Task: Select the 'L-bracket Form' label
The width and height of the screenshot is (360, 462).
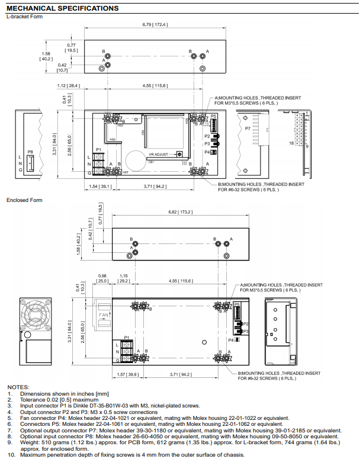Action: pos(24,17)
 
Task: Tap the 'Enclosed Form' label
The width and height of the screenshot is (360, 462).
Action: pos(24,200)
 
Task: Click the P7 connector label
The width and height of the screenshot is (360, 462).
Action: pos(247,127)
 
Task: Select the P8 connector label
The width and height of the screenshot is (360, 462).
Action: pos(30,152)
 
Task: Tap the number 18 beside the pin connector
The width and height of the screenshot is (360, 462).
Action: pos(291,143)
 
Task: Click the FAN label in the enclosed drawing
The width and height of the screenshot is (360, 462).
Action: pos(104,315)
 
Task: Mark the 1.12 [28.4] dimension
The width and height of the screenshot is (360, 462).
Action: pos(70,86)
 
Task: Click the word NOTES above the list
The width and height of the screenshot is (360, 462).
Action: pos(17,387)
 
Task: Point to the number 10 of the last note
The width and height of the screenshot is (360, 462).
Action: pos(11,454)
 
